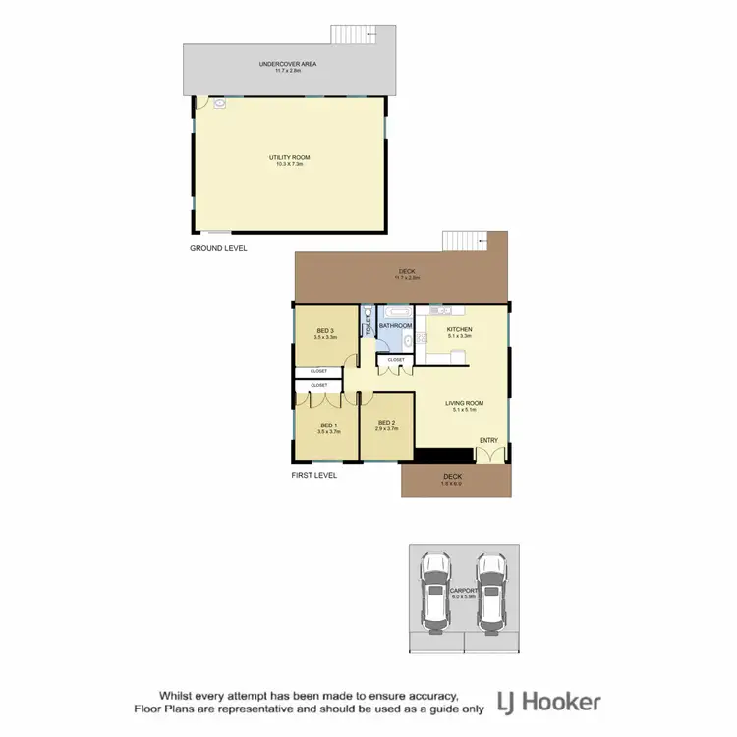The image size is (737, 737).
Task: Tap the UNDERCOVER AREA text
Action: point(288,64)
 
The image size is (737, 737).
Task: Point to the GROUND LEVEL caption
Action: point(218,249)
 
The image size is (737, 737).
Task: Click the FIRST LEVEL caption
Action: point(313,475)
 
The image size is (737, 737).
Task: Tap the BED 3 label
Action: point(325,331)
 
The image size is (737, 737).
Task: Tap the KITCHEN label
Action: point(460,329)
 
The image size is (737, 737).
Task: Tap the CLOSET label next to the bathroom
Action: point(395,360)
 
